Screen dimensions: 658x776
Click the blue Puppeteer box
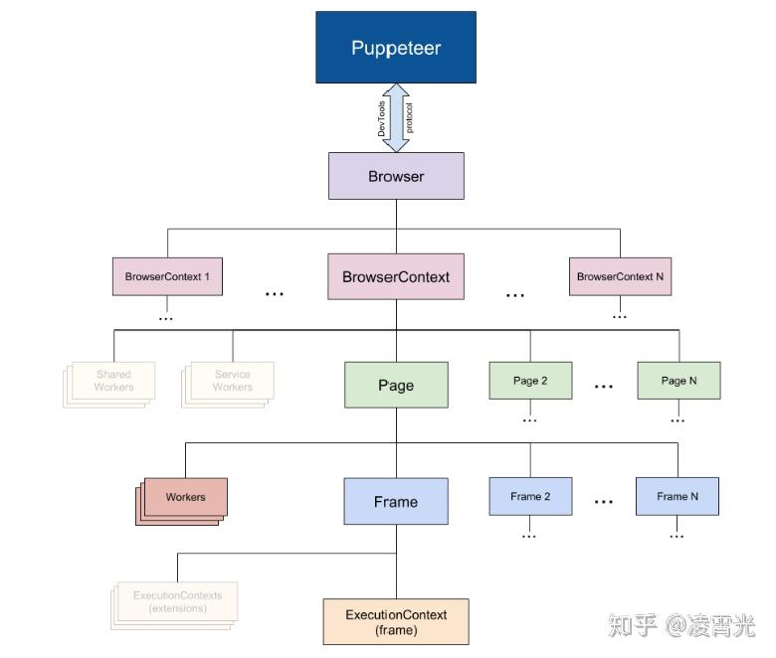(395, 48)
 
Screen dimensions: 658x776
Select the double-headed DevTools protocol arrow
(396, 117)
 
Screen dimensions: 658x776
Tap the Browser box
(395, 177)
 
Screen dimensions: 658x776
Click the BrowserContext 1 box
(167, 276)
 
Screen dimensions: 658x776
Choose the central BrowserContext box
(395, 276)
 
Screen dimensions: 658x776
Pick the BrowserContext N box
(620, 276)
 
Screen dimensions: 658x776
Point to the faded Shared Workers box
(112, 381)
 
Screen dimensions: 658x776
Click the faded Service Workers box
(232, 381)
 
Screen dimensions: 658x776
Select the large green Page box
(395, 386)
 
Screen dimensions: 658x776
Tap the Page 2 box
(530, 381)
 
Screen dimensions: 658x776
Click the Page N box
(679, 381)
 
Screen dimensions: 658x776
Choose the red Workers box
(185, 497)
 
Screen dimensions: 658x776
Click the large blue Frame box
(395, 502)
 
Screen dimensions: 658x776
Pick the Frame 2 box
(530, 496)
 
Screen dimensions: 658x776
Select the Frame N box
(678, 496)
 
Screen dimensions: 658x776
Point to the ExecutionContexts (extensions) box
(177, 601)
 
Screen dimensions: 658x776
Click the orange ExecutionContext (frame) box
(395, 621)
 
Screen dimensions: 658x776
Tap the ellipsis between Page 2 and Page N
(604, 386)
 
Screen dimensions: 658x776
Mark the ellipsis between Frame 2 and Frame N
(604, 502)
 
